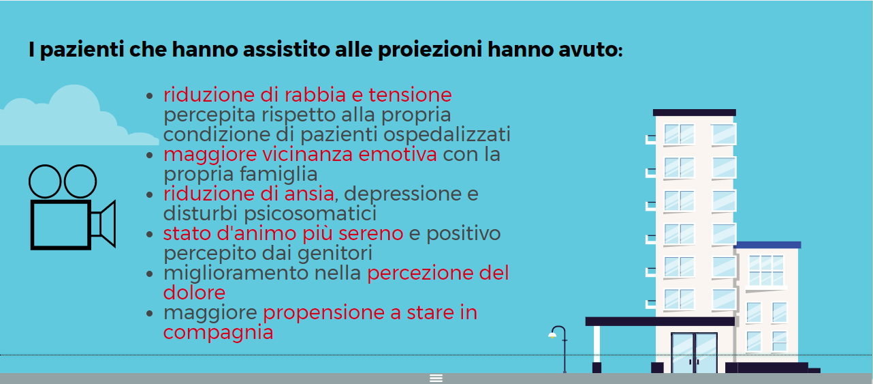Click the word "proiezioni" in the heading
point(430,50)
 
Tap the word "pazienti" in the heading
point(82,50)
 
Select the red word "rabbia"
point(315,95)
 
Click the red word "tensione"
point(410,95)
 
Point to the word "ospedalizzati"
point(447,135)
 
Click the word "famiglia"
point(279,175)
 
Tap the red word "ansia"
point(309,194)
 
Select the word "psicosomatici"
point(311,214)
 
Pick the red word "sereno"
point(370,234)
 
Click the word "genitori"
point(335,254)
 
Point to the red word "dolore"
point(194,293)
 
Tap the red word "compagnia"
point(218,333)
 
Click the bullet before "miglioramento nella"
point(149,274)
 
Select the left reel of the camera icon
point(44,181)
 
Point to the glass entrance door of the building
point(694,353)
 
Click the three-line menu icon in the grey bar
point(436,378)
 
